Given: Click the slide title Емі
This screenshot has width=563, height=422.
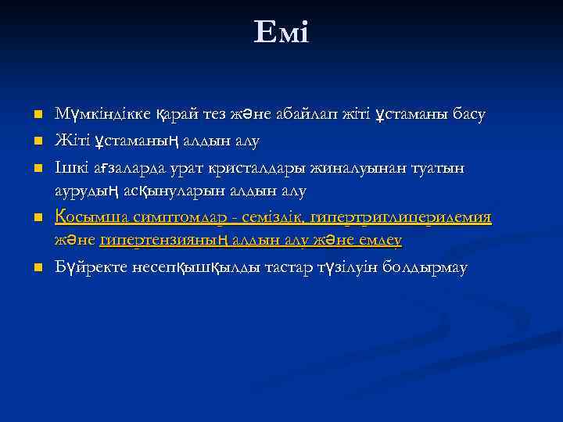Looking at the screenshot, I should (281, 32).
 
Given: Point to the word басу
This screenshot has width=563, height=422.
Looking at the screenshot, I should (467, 115).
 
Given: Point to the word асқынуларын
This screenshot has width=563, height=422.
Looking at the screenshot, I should (163, 191).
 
